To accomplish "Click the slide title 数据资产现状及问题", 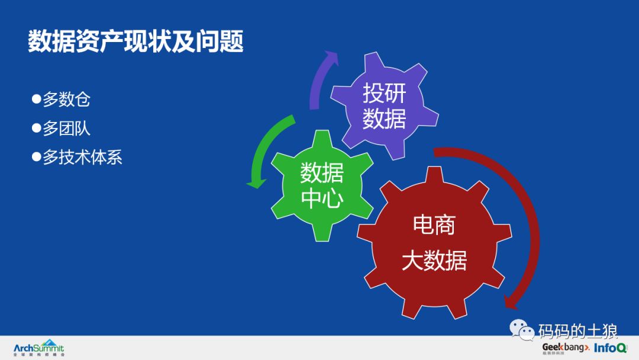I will (135, 42).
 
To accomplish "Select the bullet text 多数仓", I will (66, 99).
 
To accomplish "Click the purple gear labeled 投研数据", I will (384, 106).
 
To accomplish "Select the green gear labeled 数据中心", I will (321, 185).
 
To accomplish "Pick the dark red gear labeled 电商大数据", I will (434, 243).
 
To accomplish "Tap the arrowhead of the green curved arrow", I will (256, 181).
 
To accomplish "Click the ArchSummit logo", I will (39, 348).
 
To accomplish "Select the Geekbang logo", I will (566, 348).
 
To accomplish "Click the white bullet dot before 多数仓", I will (35, 98).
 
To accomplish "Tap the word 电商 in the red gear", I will (434, 225).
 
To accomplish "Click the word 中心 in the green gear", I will (321, 199).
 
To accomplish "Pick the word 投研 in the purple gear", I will (384, 93).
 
